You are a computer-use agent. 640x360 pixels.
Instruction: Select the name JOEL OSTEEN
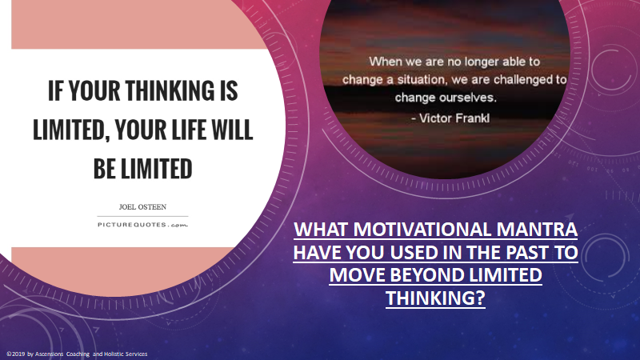click(142, 207)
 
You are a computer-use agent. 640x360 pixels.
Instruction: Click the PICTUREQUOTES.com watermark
click(142, 225)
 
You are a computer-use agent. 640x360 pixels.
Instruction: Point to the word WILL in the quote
click(232, 130)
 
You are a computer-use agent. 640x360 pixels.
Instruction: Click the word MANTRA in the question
click(537, 230)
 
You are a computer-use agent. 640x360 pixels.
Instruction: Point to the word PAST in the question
click(527, 252)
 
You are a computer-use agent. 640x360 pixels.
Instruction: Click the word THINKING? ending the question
click(435, 298)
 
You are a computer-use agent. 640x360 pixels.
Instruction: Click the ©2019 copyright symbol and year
click(15, 354)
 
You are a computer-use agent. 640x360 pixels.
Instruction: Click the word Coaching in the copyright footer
click(78, 354)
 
